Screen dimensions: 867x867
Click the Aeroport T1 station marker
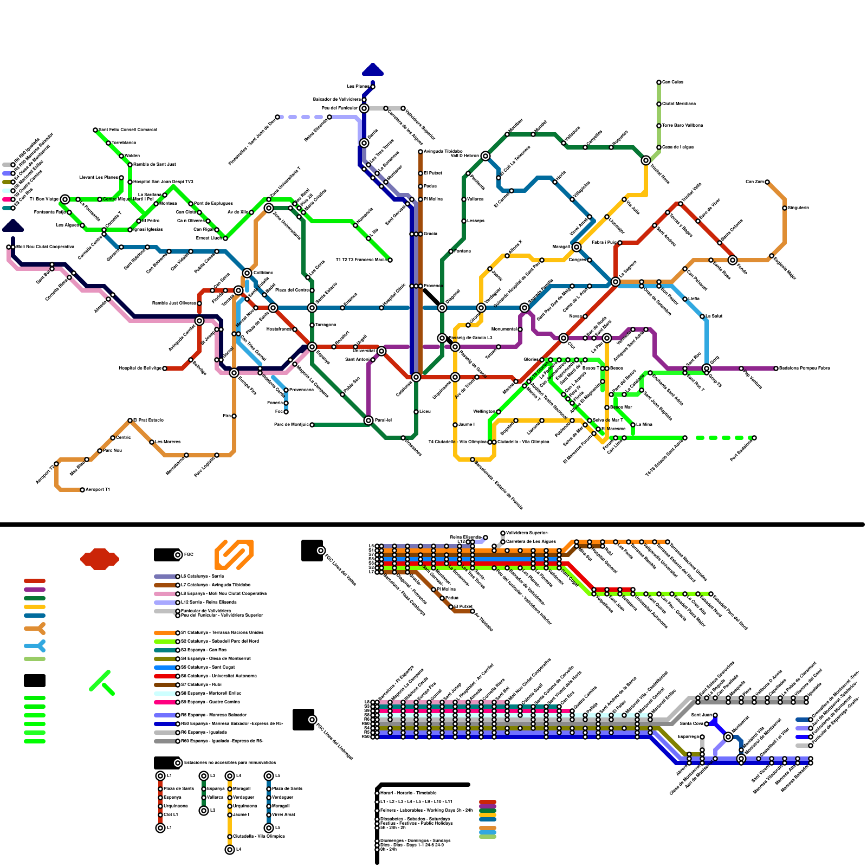(82, 490)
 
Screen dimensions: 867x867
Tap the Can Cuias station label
(672, 82)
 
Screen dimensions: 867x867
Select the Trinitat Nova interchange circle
(646, 160)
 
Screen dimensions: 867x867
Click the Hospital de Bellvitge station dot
(165, 368)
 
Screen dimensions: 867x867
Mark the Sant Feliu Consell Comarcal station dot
(95, 130)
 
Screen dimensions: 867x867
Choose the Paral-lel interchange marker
(368, 420)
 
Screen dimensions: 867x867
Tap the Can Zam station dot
(767, 182)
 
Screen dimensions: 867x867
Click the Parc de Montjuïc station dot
(312, 425)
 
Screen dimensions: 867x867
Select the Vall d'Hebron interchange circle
(486, 156)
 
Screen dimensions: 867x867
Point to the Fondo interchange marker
(733, 260)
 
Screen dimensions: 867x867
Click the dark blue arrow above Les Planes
(373, 69)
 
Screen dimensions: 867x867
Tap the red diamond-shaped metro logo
(100, 559)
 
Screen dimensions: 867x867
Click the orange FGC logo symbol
(234, 554)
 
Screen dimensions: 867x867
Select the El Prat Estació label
(148, 420)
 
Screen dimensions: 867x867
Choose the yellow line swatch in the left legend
(35, 607)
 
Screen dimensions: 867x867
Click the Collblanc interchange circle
(247, 273)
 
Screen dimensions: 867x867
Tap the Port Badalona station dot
(754, 438)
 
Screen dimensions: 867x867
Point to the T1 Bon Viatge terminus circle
(65, 199)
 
